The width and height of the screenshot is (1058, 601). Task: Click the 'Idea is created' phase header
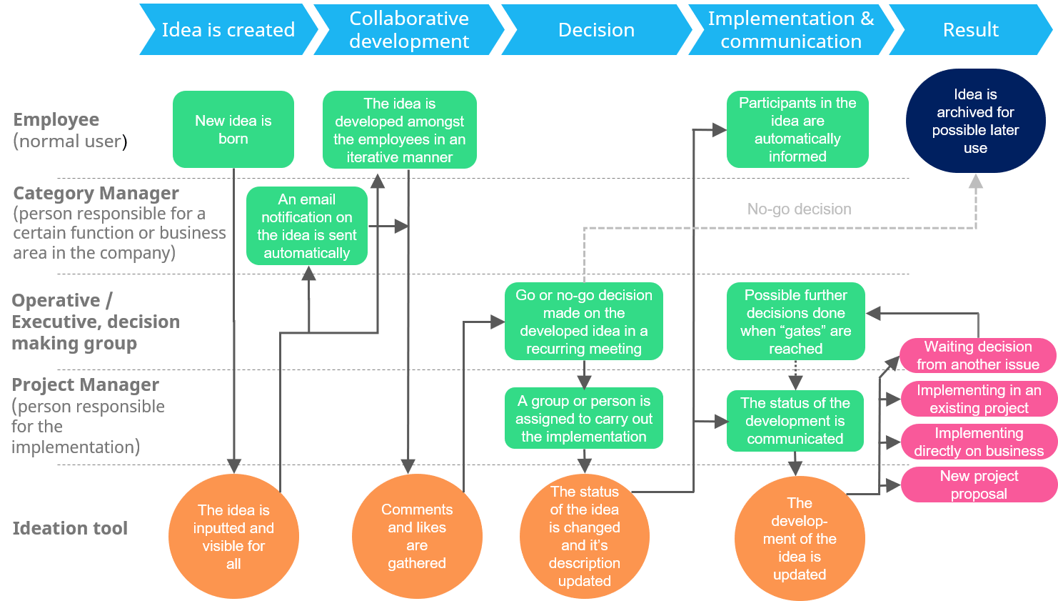click(x=228, y=30)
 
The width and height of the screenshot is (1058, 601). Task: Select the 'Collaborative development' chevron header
click(x=408, y=30)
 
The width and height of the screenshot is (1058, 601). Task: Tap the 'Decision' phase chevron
click(x=596, y=30)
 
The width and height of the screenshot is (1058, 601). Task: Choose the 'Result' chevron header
click(x=970, y=30)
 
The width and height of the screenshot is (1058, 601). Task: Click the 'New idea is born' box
click(x=233, y=129)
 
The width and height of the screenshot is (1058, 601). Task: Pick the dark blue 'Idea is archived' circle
click(x=975, y=121)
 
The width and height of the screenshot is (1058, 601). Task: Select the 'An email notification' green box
click(x=306, y=226)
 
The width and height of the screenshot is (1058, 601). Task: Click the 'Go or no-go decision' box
click(x=583, y=322)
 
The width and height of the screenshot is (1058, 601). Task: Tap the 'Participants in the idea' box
click(x=797, y=129)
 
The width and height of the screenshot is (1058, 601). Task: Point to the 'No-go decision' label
click(x=799, y=209)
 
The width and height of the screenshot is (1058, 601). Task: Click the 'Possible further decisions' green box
click(x=795, y=322)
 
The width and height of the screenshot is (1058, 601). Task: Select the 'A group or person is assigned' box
click(x=583, y=419)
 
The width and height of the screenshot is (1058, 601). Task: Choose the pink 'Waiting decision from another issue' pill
click(x=977, y=355)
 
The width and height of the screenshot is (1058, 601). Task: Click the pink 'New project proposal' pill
click(x=978, y=485)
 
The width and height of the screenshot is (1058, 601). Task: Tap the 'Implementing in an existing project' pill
click(x=978, y=399)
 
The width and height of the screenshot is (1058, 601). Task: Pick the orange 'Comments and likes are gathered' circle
click(x=417, y=536)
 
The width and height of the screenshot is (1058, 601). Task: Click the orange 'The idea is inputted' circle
click(x=233, y=536)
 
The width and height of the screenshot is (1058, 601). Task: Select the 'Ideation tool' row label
click(x=70, y=528)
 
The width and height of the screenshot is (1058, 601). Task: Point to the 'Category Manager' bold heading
click(x=96, y=193)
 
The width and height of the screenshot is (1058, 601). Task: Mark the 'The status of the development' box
click(x=795, y=421)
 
